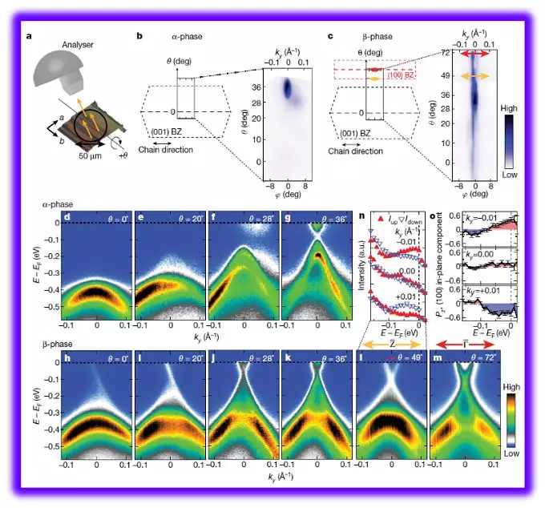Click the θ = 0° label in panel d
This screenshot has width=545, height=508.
click(107, 218)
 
